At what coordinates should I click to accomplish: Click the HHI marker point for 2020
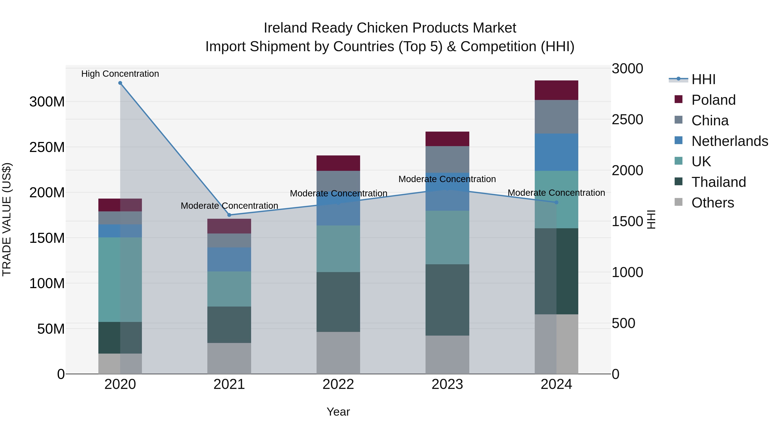[120, 83]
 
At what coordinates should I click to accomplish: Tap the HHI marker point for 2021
[229, 215]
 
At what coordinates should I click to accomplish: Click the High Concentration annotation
[120, 74]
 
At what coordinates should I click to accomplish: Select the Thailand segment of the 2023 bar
[447, 300]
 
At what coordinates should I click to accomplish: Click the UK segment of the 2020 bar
[120, 279]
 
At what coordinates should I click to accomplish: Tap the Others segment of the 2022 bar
[338, 353]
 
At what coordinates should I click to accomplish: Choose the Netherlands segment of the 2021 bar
[229, 259]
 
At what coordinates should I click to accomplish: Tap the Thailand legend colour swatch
[679, 182]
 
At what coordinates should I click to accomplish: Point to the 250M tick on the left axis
[47, 147]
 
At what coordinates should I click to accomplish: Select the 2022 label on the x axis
[338, 384]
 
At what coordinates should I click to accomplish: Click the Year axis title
[338, 412]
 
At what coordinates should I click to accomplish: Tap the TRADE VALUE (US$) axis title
[7, 219]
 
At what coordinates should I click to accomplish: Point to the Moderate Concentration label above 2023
[447, 179]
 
